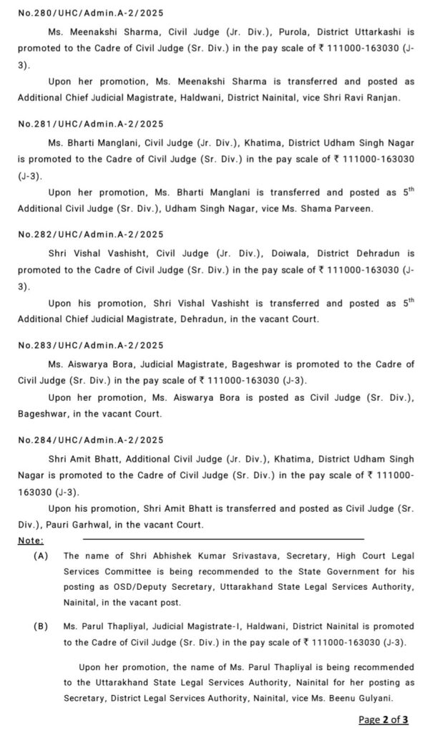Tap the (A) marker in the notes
click(x=41, y=555)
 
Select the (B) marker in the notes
click(x=41, y=626)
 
